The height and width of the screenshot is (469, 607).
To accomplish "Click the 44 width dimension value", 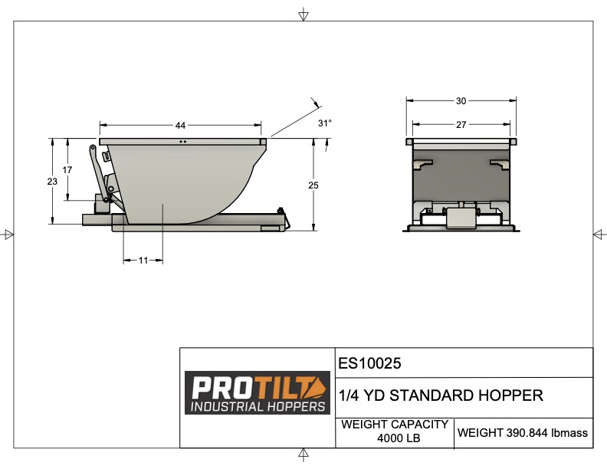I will click(x=181, y=126).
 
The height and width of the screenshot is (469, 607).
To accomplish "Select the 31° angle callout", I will click(x=325, y=123).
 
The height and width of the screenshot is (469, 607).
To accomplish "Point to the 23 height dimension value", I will click(x=52, y=182).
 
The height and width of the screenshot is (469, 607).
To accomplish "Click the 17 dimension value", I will click(x=67, y=169).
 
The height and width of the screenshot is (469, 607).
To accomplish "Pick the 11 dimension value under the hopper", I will click(x=143, y=261).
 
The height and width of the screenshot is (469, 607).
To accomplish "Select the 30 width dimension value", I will click(x=461, y=100).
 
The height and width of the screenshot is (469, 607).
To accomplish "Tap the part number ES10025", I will click(x=370, y=362).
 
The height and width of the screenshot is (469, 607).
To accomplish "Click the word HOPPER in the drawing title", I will click(x=509, y=396).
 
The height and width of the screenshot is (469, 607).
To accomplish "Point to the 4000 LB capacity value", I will click(x=395, y=439).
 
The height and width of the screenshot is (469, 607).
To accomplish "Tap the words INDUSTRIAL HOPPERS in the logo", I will click(x=258, y=405).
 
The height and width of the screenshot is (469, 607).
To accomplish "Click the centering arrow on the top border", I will click(x=303, y=15).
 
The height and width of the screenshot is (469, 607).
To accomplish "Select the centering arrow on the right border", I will click(x=598, y=234).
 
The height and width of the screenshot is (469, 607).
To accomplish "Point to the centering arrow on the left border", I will click(x=8, y=234).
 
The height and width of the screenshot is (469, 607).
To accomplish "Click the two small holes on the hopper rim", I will click(x=182, y=142).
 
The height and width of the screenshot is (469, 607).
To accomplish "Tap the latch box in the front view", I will click(x=461, y=218).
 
